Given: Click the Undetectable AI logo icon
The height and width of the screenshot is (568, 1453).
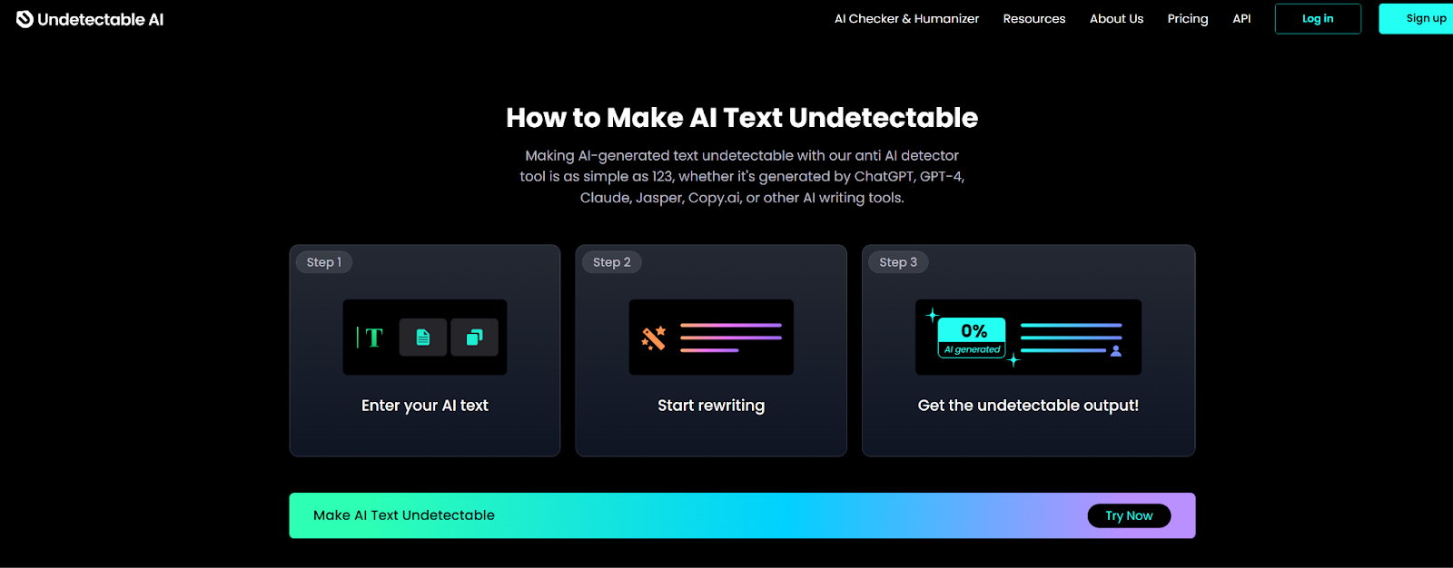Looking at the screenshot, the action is (x=25, y=19).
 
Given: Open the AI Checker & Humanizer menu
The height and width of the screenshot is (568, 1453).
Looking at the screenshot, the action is (x=906, y=19).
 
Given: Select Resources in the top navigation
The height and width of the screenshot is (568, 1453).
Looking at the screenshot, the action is (x=1034, y=19).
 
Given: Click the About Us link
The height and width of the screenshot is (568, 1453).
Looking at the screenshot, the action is (x=1116, y=19).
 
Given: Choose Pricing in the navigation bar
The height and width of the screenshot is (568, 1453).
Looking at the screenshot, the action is (x=1188, y=19).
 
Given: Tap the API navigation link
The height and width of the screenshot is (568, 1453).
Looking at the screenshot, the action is (x=1241, y=19).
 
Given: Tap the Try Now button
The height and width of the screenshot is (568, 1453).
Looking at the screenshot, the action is (x=1129, y=515).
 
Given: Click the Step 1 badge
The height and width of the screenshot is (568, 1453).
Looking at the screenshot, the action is (x=323, y=262).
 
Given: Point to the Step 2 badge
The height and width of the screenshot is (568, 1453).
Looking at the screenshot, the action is (x=612, y=262).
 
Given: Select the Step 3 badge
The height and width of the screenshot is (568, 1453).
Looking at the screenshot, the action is (x=898, y=262).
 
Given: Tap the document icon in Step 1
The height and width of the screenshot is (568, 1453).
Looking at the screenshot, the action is (x=423, y=338).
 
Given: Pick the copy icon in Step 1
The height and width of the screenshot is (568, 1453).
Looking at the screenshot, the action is (x=474, y=338).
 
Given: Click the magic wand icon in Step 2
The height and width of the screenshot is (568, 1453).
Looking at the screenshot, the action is (x=654, y=338).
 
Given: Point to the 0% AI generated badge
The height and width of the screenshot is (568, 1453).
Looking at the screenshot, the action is (x=972, y=338).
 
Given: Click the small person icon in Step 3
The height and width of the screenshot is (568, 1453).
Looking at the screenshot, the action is (x=1116, y=351).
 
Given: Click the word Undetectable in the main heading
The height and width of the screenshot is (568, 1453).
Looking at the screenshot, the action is (x=883, y=117).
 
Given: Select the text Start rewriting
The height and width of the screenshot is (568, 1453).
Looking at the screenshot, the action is (x=711, y=406).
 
